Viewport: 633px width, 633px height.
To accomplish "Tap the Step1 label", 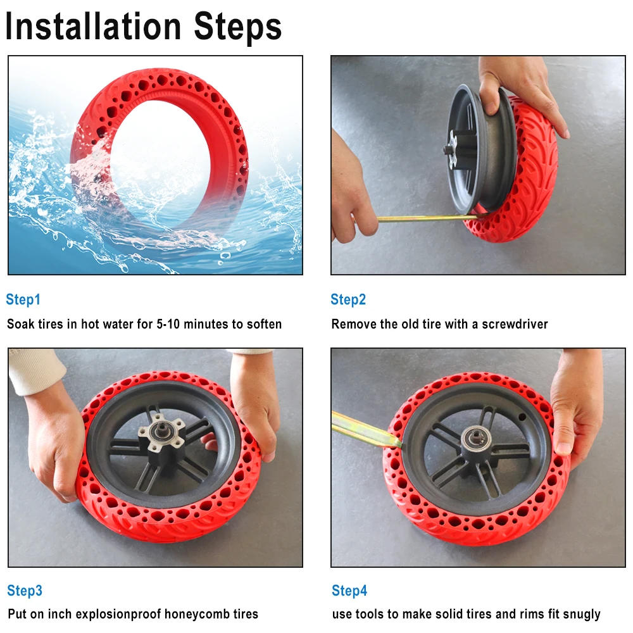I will (x=23, y=299).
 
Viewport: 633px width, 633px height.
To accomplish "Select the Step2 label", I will (x=348, y=299).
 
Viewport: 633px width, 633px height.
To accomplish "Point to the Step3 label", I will (x=25, y=591).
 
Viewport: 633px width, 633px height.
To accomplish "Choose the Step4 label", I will (x=349, y=591).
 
